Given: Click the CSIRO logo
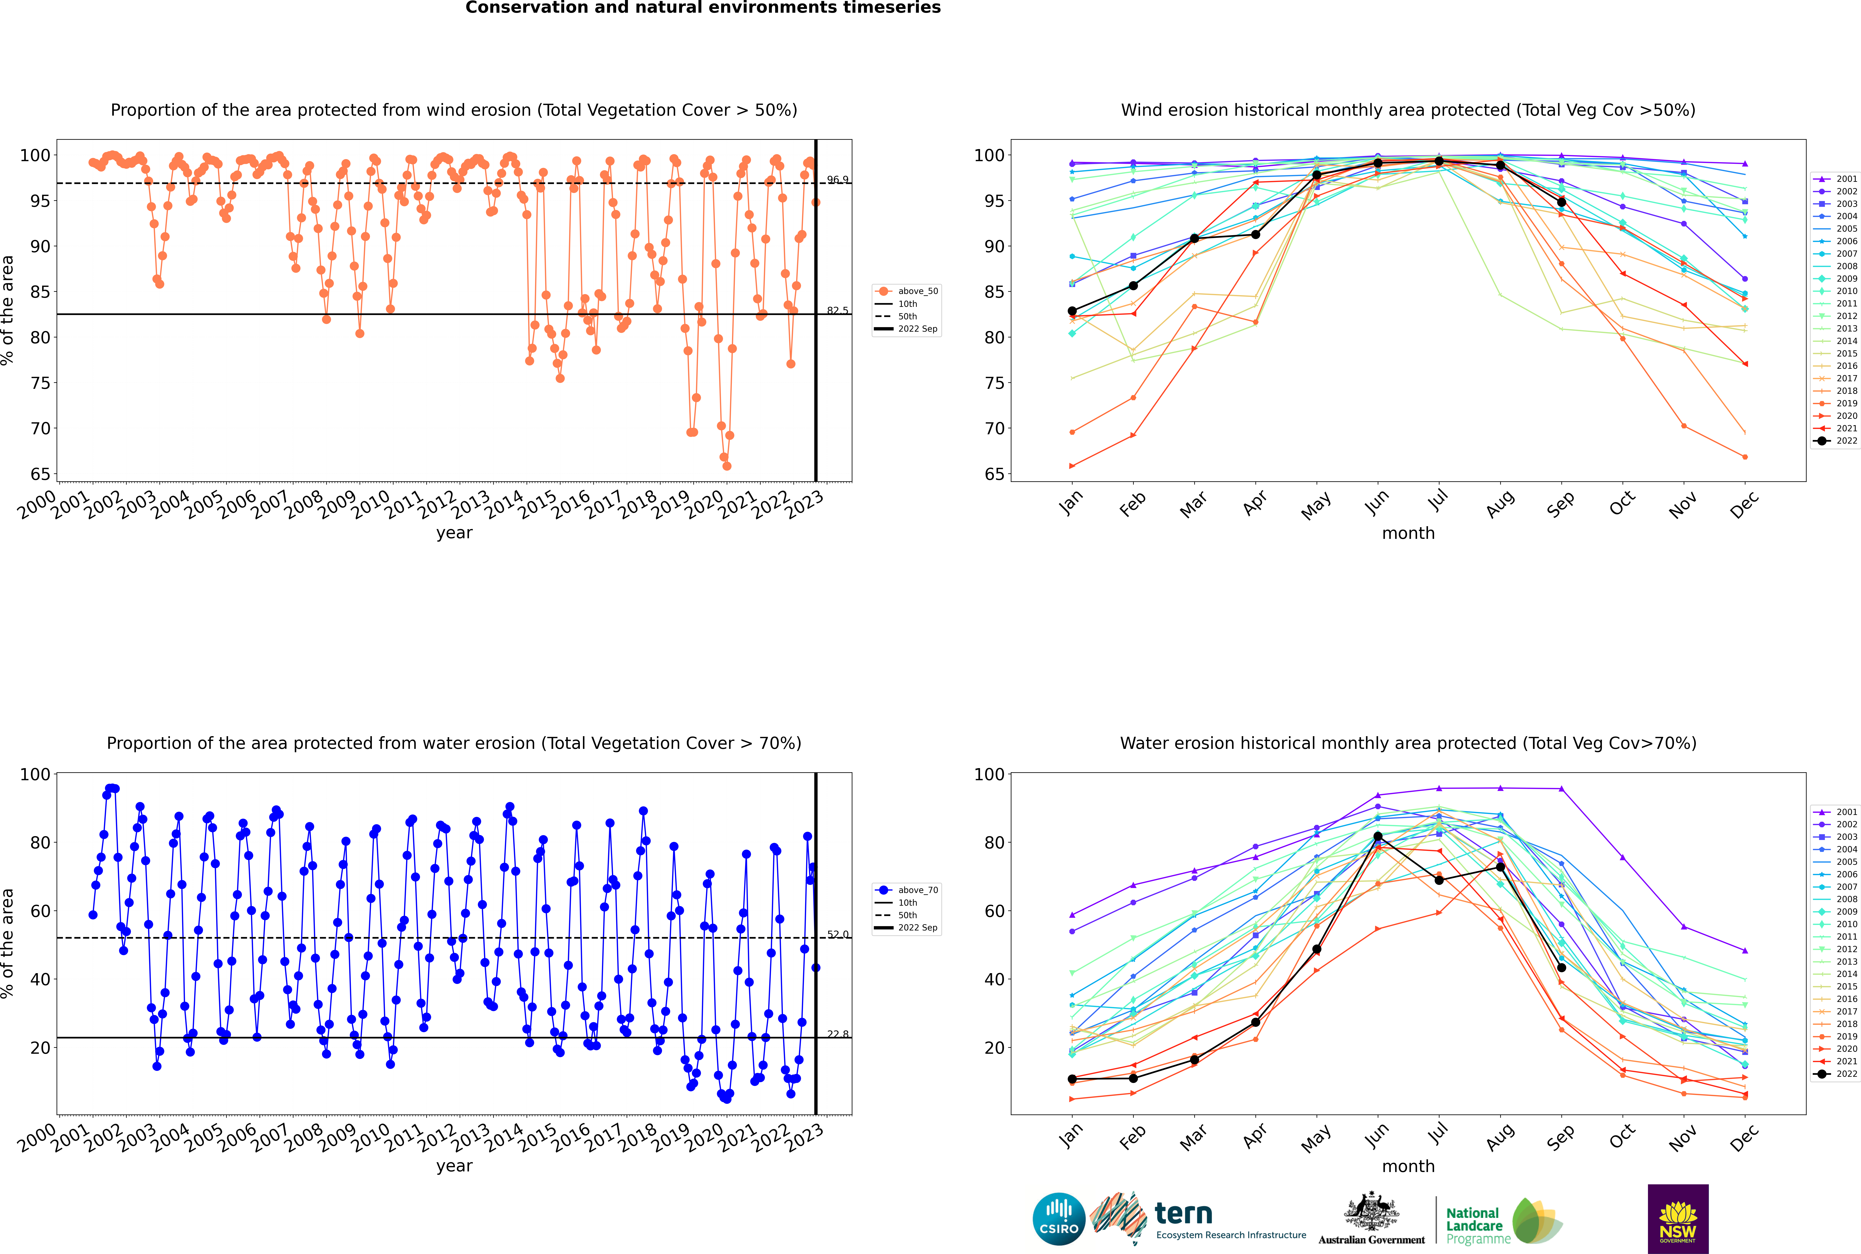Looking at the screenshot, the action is (1058, 1219).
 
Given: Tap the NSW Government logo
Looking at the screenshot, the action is (1678, 1219).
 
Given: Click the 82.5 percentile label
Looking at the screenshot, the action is (838, 310).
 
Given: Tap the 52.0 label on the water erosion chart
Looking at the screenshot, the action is (838, 934).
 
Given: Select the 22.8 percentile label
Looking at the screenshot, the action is (838, 1034).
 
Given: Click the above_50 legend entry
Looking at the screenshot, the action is (907, 291).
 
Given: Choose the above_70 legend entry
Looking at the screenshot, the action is (907, 890).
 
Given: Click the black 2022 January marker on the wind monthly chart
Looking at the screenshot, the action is (1072, 311).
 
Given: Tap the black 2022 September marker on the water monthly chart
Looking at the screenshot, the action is (1561, 968).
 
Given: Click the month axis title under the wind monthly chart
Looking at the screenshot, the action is (1408, 534).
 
